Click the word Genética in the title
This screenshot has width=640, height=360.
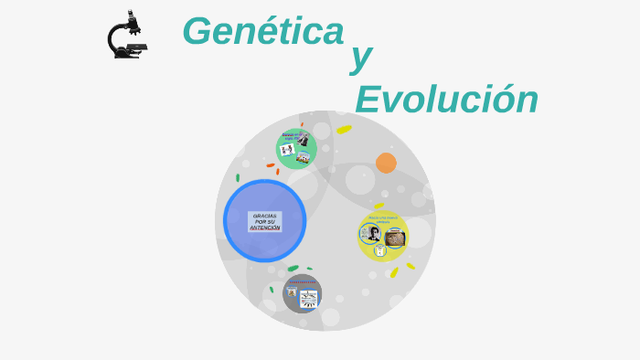pos(263,31)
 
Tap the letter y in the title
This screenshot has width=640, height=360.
pos(361,57)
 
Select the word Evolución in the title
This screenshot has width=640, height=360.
pos(446,99)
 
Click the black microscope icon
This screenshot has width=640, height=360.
pos(126,36)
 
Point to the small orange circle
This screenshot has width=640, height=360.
pos(386,163)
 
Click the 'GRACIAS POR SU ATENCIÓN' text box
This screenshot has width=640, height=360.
pos(265,222)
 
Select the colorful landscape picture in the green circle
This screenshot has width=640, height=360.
pos(304,157)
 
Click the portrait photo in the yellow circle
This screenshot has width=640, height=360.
pos(374,233)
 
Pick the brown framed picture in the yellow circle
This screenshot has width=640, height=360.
pos(394,238)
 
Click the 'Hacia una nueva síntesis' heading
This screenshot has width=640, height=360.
pos(383,219)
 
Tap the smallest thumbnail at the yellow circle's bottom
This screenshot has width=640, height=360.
pos(380,250)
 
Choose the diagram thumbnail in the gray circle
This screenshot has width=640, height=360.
pos(309,298)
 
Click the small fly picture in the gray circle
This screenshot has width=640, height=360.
pos(292,292)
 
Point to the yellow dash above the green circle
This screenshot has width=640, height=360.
pos(344,130)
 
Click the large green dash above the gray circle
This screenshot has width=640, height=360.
pos(293,269)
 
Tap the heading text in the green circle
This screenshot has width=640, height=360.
pos(294,135)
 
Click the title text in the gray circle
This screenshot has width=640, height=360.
pos(303,282)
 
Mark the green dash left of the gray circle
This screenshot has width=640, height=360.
pos(272,290)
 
